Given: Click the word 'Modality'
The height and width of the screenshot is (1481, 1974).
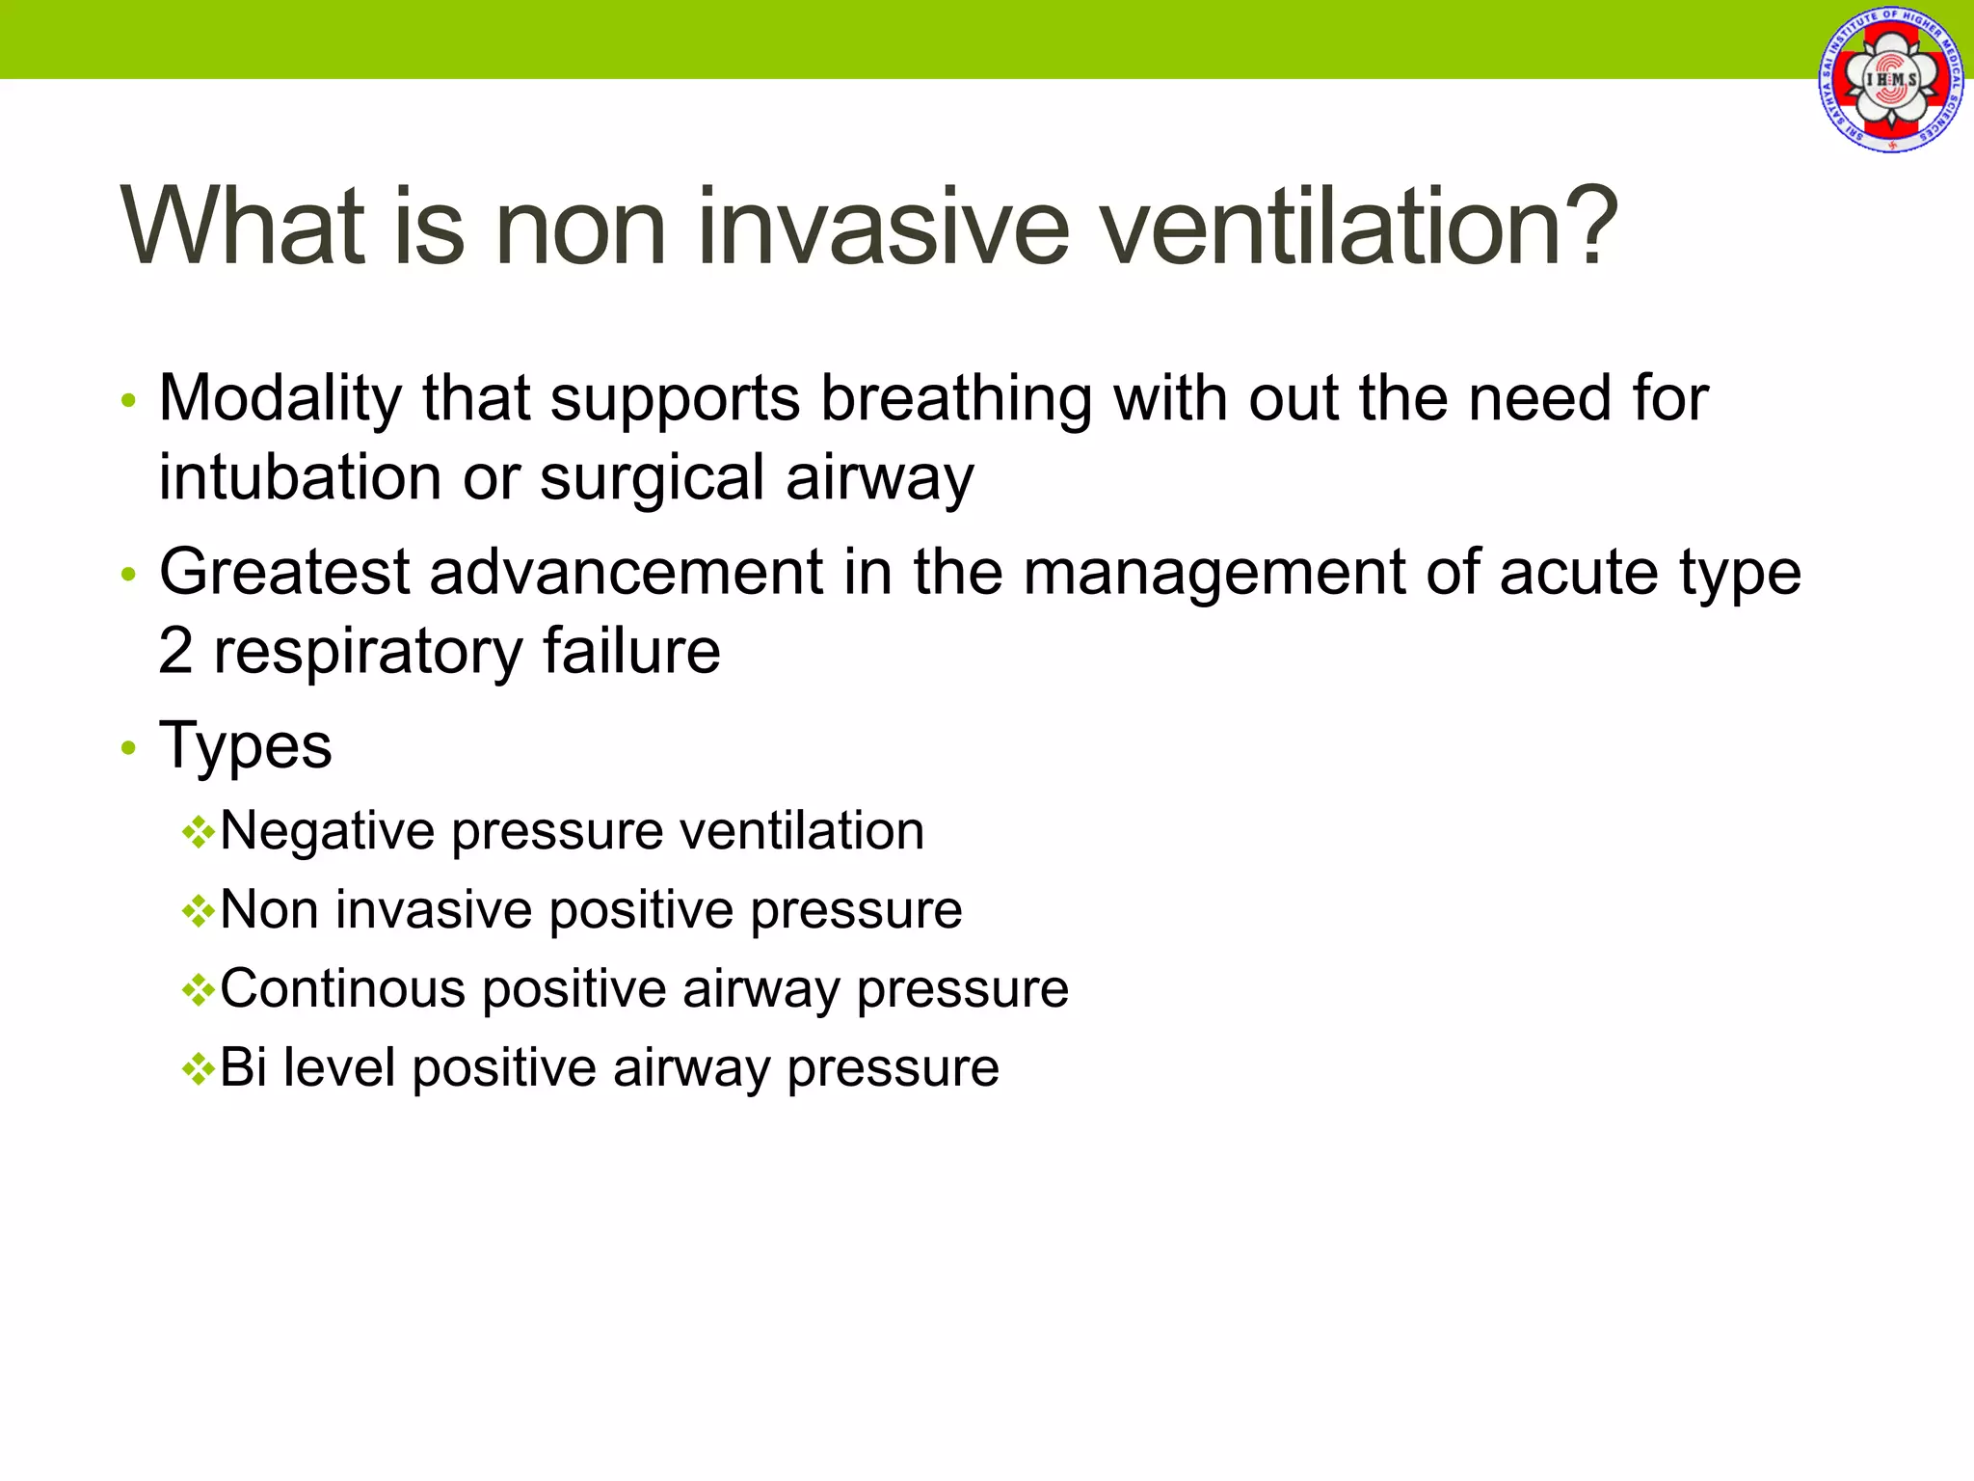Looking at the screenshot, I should [x=280, y=399].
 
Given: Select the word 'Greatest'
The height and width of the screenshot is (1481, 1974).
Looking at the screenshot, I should [x=284, y=573].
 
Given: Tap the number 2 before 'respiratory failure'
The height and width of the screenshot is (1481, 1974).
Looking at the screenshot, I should [x=175, y=651].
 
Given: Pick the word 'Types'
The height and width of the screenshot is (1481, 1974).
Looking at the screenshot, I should [x=246, y=746].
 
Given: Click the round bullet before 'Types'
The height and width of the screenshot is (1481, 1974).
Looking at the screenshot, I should [x=129, y=748].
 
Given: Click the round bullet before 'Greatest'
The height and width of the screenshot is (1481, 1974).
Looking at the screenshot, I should [x=129, y=576].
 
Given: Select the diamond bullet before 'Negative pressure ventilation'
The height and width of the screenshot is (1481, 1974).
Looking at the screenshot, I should [x=198, y=833].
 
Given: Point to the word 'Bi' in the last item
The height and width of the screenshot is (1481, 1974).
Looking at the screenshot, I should [x=243, y=1068].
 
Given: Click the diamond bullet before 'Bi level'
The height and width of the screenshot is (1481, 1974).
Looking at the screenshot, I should [x=198, y=1069].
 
